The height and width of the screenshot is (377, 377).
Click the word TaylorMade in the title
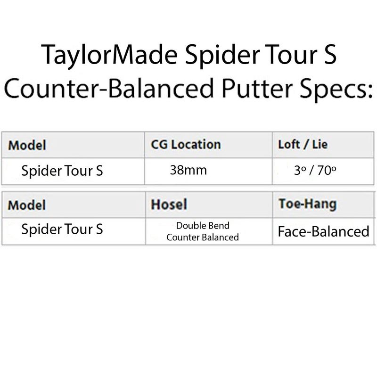click(x=109, y=55)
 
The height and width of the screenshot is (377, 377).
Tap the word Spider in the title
click(x=223, y=55)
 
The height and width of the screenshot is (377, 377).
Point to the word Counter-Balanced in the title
click(x=109, y=88)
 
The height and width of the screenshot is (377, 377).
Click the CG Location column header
click(x=186, y=145)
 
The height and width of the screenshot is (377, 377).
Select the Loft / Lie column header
click(x=303, y=145)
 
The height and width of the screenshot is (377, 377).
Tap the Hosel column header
click(x=169, y=205)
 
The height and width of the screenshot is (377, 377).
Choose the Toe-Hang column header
click(x=308, y=205)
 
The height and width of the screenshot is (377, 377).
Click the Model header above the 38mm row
click(x=27, y=145)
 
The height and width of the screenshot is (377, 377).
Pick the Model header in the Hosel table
click(x=27, y=205)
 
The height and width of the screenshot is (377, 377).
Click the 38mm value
click(x=188, y=170)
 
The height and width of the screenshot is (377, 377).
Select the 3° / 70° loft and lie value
click(x=315, y=170)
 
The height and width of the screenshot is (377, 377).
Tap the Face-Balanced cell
click(x=323, y=231)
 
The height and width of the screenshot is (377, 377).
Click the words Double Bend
click(x=203, y=226)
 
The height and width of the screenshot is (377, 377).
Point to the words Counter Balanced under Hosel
click(x=203, y=238)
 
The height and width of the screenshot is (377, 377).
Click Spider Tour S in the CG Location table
click(x=62, y=171)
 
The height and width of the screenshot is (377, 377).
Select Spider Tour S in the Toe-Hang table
click(x=62, y=229)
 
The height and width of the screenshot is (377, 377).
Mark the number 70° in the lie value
click(x=327, y=170)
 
